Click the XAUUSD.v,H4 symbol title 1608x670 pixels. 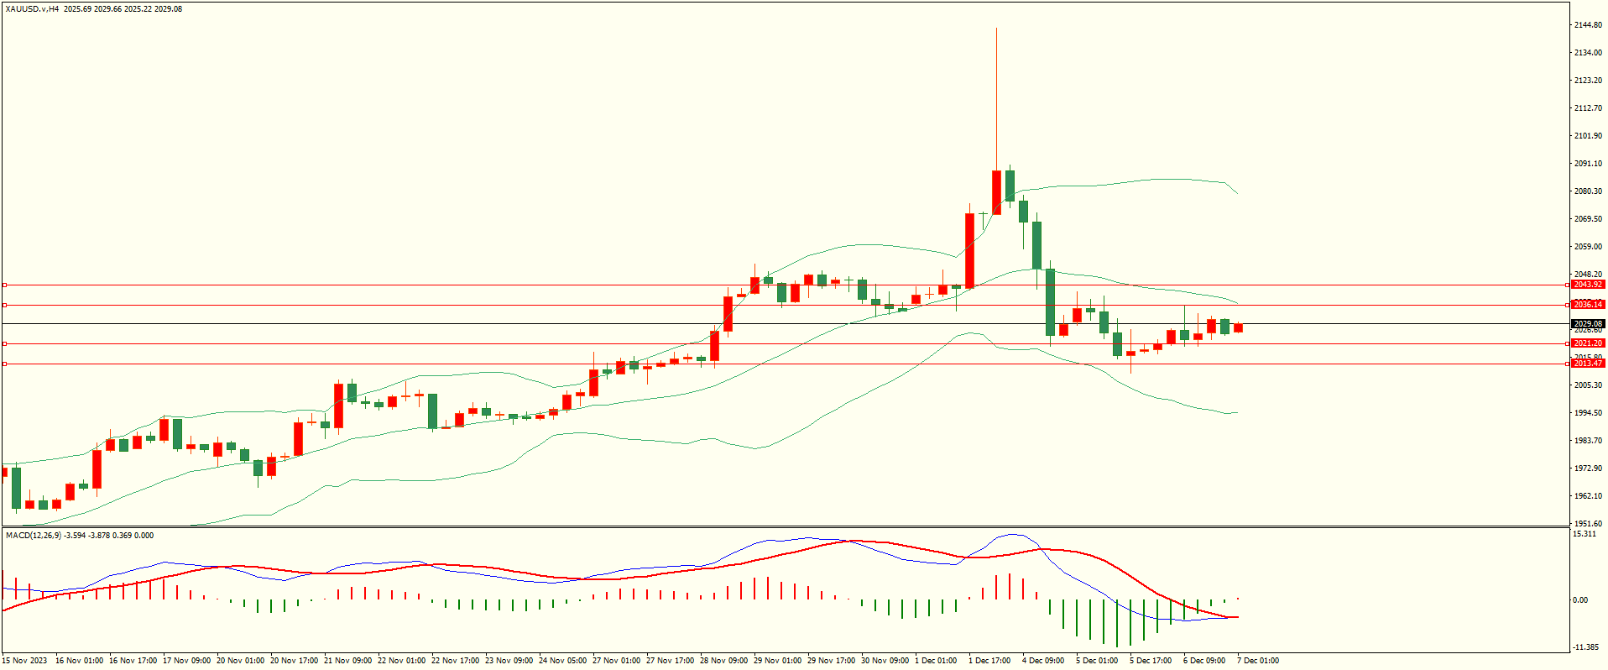(32, 9)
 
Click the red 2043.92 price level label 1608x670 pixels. (1588, 285)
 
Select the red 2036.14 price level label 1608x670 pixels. (1588, 305)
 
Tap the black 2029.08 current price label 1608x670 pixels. (1588, 323)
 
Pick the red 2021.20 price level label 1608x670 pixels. (1588, 343)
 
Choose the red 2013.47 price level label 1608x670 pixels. (1588, 364)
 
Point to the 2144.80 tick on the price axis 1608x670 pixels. (1588, 25)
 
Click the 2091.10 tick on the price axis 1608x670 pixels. (1588, 164)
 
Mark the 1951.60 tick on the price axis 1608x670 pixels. (1588, 523)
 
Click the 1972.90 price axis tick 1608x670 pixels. (1588, 468)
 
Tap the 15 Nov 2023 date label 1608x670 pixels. (25, 661)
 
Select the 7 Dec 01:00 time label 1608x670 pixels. (1257, 661)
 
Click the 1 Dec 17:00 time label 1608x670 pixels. (989, 661)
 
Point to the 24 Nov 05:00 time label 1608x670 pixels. (562, 661)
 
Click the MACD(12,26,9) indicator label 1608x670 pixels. (32, 536)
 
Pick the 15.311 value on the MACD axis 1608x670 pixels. (1585, 534)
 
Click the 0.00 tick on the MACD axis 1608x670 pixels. (1579, 599)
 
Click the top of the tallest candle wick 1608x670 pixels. (996, 29)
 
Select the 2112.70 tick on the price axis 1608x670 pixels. (1588, 108)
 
